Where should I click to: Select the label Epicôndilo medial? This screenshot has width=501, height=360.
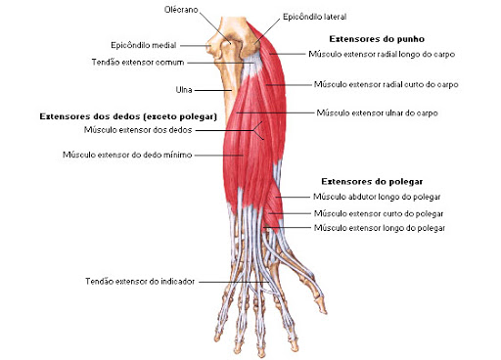(x=143, y=44)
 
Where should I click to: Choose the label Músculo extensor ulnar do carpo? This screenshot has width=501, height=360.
(x=377, y=113)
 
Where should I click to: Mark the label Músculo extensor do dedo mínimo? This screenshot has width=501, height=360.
(x=126, y=155)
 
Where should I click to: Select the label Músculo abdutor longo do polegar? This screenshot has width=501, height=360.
(x=377, y=197)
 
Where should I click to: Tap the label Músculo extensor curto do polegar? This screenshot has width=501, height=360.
(x=377, y=212)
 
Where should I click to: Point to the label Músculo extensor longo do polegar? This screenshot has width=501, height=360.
(x=378, y=228)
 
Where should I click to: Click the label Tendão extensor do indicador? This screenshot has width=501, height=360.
(x=140, y=282)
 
